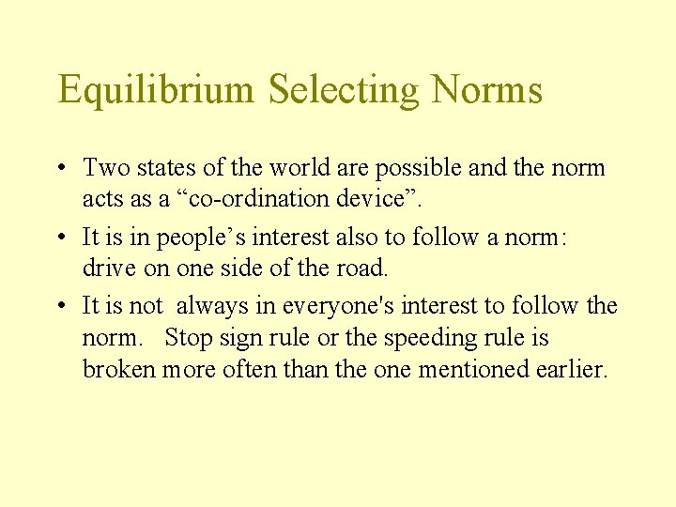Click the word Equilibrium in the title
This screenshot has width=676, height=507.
point(156,90)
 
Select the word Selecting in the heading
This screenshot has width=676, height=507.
point(344,90)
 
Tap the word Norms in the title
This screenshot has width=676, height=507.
point(486,90)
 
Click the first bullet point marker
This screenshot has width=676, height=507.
point(60,169)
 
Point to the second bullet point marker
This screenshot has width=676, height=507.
point(60,238)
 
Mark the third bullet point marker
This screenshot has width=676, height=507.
point(60,306)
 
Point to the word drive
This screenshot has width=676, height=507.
point(106,268)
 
